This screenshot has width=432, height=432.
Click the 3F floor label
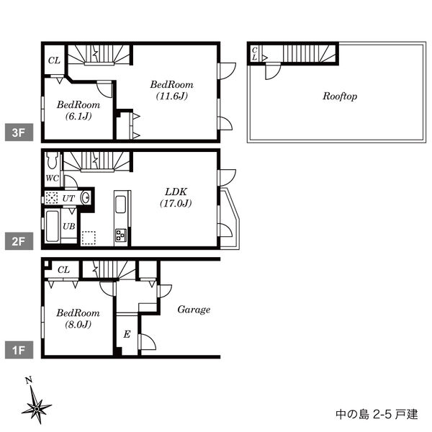tap(19, 132)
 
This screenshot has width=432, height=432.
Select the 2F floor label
tap(19, 241)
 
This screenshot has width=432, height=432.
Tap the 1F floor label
tap(19, 350)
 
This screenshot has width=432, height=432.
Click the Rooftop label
tap(340, 96)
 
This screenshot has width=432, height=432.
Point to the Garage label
tap(194, 310)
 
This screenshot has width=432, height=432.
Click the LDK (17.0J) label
tap(176, 197)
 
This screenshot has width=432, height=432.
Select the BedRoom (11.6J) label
tap(171, 90)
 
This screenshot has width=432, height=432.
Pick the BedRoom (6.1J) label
tap(78, 110)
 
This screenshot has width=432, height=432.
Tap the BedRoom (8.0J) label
tap(78, 318)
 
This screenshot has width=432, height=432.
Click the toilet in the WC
tap(52, 160)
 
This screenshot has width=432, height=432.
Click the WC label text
tap(52, 179)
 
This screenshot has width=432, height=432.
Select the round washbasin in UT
tap(86, 198)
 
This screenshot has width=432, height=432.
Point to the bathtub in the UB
tap(53, 226)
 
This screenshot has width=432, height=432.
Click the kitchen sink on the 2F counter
tap(121, 204)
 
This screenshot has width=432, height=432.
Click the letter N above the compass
tap(29, 380)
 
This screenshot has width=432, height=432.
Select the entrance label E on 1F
tap(127, 334)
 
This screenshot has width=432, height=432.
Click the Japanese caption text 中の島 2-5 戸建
tap(377, 414)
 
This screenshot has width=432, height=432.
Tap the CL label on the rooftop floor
tap(254, 54)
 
